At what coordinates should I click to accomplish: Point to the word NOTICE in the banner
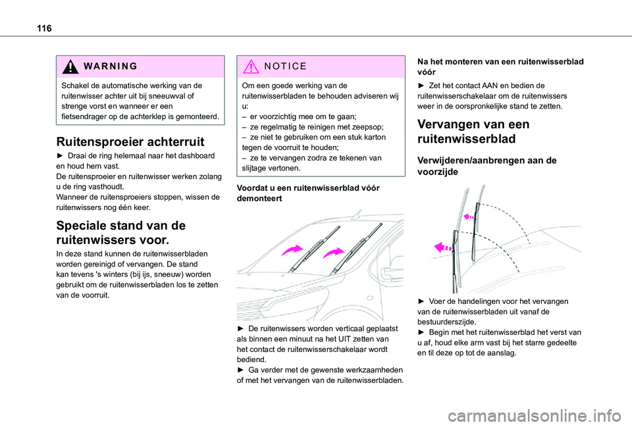tap(285, 66)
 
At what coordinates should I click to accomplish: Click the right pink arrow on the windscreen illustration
tap(334, 252)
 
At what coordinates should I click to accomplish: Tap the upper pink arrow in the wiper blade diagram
tap(468, 215)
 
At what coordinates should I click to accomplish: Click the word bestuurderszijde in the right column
tap(450, 322)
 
